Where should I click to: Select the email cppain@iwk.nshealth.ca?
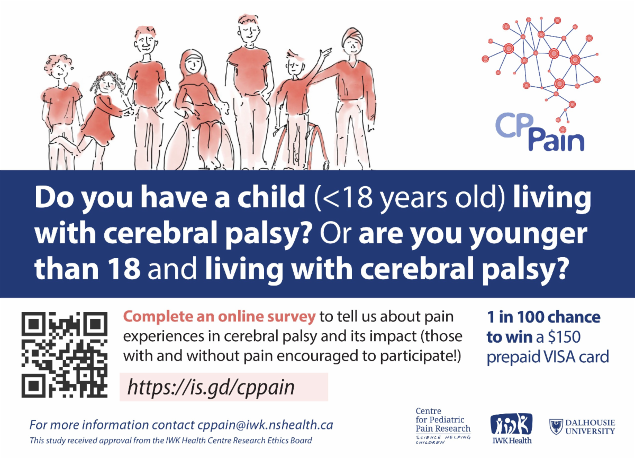(x=265, y=425)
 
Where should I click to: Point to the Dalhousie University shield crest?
(x=556, y=426)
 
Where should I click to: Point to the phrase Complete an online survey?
(x=219, y=317)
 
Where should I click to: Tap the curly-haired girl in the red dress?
(x=103, y=114)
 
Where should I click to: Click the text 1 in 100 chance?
(x=543, y=317)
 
